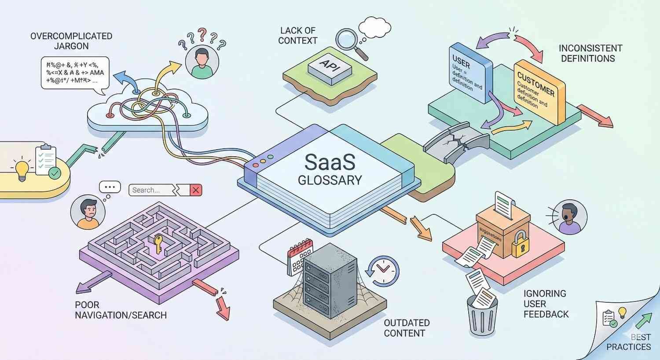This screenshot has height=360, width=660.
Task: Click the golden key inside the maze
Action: (x=158, y=244)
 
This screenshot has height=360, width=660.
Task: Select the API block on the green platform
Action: (x=330, y=68)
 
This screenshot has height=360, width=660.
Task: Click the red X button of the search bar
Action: (x=196, y=190)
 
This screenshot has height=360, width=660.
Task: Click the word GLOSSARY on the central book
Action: (x=330, y=180)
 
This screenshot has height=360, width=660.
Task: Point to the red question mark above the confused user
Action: (x=202, y=33)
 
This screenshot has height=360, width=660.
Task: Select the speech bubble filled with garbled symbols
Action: (x=75, y=73)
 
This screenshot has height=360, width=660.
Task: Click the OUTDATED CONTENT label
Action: (x=406, y=328)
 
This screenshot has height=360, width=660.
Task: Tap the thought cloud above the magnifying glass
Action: (x=374, y=27)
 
